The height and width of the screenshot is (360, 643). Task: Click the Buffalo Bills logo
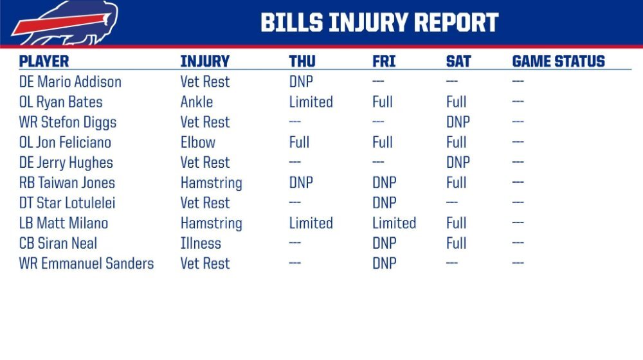pos(66,22)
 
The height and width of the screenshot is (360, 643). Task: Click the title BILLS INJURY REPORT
pos(379,22)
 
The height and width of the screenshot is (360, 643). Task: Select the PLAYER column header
pos(44,61)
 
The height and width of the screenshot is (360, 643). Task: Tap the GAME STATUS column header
pos(558,61)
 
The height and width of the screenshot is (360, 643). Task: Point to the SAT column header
pos(458,61)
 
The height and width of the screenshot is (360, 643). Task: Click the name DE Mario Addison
pos(70,82)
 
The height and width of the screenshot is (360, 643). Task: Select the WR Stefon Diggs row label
pos(68,122)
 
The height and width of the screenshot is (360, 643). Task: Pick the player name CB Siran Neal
pos(59,243)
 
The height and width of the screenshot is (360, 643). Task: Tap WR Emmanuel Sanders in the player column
pos(87,263)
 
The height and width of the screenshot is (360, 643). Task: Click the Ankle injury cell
pos(197,102)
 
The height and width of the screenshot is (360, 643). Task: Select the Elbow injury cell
pos(198,142)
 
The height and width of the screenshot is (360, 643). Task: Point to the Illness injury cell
pos(201,243)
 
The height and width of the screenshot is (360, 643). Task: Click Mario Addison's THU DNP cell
pos(301,82)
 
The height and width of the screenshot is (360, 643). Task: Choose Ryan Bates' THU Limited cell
pos(311,102)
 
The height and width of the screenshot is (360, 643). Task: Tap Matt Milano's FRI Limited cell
pos(394,223)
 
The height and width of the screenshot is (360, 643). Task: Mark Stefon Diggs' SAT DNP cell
pos(458,122)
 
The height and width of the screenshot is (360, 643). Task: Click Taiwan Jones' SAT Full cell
pos(457,183)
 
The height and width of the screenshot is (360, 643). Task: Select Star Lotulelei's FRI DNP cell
pos(385,203)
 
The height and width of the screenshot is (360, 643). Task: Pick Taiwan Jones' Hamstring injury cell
pos(211,183)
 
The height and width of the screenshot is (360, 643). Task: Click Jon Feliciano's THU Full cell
pos(300,142)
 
